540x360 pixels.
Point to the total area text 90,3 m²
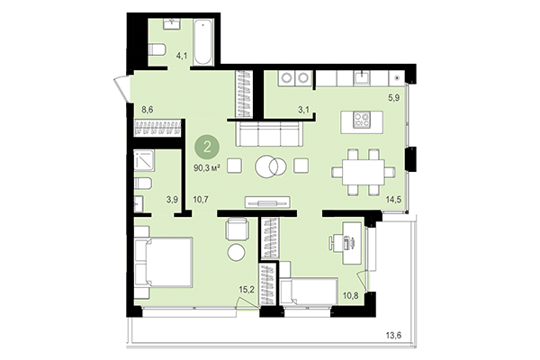(208, 166)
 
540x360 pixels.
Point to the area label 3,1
(278, 109)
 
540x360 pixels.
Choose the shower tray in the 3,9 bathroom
(144, 159)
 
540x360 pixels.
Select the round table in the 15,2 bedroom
(236, 252)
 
